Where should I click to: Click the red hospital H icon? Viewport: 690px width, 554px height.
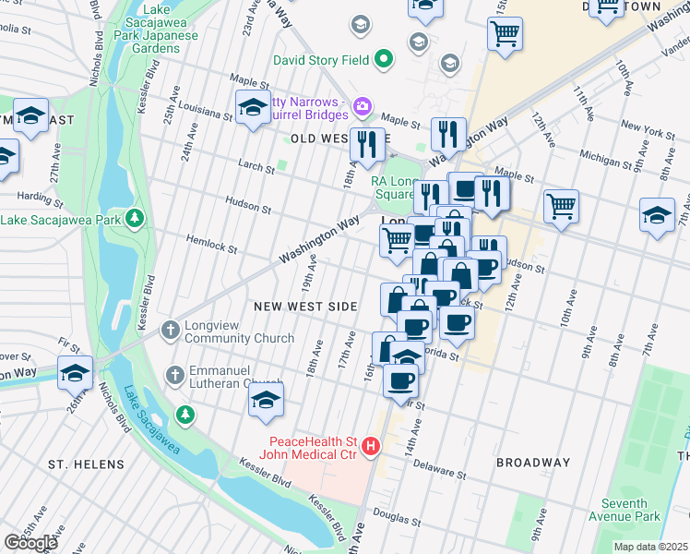tap(371, 446)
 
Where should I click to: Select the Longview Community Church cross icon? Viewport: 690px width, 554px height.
tap(171, 329)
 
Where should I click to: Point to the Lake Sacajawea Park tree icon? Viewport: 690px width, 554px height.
tap(135, 218)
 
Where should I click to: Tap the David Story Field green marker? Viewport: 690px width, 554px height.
tap(384, 60)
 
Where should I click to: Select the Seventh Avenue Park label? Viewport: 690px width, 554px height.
tap(630, 510)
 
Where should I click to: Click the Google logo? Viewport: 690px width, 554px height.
tap(30, 542)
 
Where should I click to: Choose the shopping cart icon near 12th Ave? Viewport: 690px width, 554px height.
tap(560, 205)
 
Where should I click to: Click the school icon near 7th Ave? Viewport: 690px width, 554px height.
tap(657, 215)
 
